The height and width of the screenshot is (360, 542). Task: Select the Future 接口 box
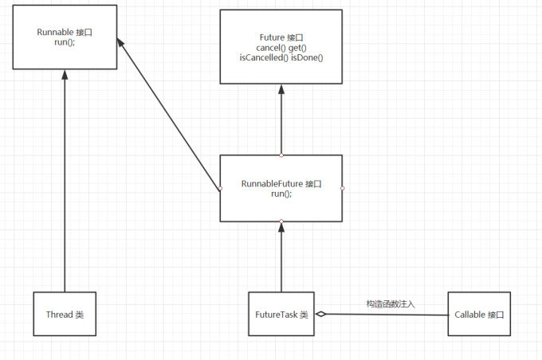(x=281, y=47)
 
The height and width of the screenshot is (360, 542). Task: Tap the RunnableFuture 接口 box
(x=281, y=188)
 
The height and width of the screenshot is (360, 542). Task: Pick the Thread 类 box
(x=64, y=315)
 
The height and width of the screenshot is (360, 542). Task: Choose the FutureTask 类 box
(x=281, y=315)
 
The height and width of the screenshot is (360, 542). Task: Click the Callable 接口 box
(x=478, y=315)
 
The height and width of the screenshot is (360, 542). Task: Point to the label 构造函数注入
(x=391, y=303)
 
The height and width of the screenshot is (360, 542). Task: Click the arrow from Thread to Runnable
(x=64, y=183)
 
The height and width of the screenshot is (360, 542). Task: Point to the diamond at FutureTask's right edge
(x=320, y=315)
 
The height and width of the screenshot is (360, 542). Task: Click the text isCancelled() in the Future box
(x=261, y=57)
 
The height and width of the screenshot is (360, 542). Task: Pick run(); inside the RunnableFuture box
(x=281, y=194)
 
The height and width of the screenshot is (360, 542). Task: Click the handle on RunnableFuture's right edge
(x=342, y=188)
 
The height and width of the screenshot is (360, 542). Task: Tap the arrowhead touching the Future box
(x=281, y=89)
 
